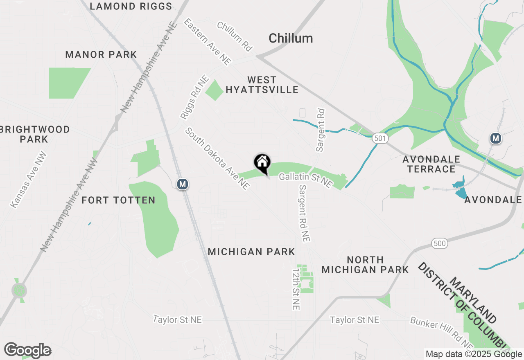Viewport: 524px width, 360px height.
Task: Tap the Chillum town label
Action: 291,38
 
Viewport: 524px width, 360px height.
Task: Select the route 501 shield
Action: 380,139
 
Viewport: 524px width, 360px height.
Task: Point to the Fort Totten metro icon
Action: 183,184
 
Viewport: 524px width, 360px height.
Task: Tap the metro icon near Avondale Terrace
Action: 496,139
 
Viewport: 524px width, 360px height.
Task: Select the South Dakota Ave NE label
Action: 217,159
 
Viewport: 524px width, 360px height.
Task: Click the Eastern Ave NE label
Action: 208,41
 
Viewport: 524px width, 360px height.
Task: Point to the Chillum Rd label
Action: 234,36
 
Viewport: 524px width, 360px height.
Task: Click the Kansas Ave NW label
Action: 28,180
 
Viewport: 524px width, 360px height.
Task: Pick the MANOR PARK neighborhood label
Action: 101,55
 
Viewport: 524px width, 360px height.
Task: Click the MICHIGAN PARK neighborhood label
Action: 251,252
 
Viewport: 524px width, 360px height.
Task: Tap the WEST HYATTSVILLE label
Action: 262,85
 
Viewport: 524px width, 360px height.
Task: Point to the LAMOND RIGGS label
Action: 131,6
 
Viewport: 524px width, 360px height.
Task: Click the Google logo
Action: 27,351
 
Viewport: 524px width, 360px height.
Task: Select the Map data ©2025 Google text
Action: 473,354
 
